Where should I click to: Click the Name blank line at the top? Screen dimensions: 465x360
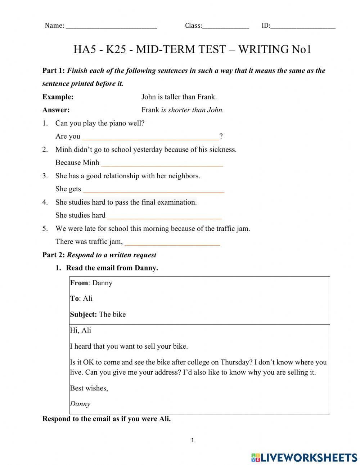(x=112, y=26)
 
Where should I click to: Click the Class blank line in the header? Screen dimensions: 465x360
(x=225, y=26)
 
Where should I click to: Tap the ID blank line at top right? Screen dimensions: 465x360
(x=303, y=26)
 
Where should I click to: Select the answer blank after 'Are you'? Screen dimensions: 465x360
(x=150, y=137)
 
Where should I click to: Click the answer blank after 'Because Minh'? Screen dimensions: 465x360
(x=162, y=163)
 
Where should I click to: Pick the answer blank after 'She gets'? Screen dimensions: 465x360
(x=153, y=189)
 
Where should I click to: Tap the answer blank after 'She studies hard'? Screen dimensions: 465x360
(x=164, y=216)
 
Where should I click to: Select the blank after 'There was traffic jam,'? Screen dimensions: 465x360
(x=172, y=242)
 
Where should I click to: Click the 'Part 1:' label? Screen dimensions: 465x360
(x=54, y=71)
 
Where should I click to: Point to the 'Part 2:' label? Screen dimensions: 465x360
(x=54, y=255)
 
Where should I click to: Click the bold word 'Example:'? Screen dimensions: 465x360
(x=58, y=97)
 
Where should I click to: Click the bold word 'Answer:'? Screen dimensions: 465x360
(x=56, y=110)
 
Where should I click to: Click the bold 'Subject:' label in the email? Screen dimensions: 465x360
(x=84, y=314)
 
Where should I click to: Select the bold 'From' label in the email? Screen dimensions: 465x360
(x=79, y=283)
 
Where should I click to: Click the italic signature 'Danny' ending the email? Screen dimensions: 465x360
(x=80, y=404)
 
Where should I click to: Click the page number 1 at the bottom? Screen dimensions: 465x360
(x=193, y=440)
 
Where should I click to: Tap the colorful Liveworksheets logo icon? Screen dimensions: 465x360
(x=256, y=457)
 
